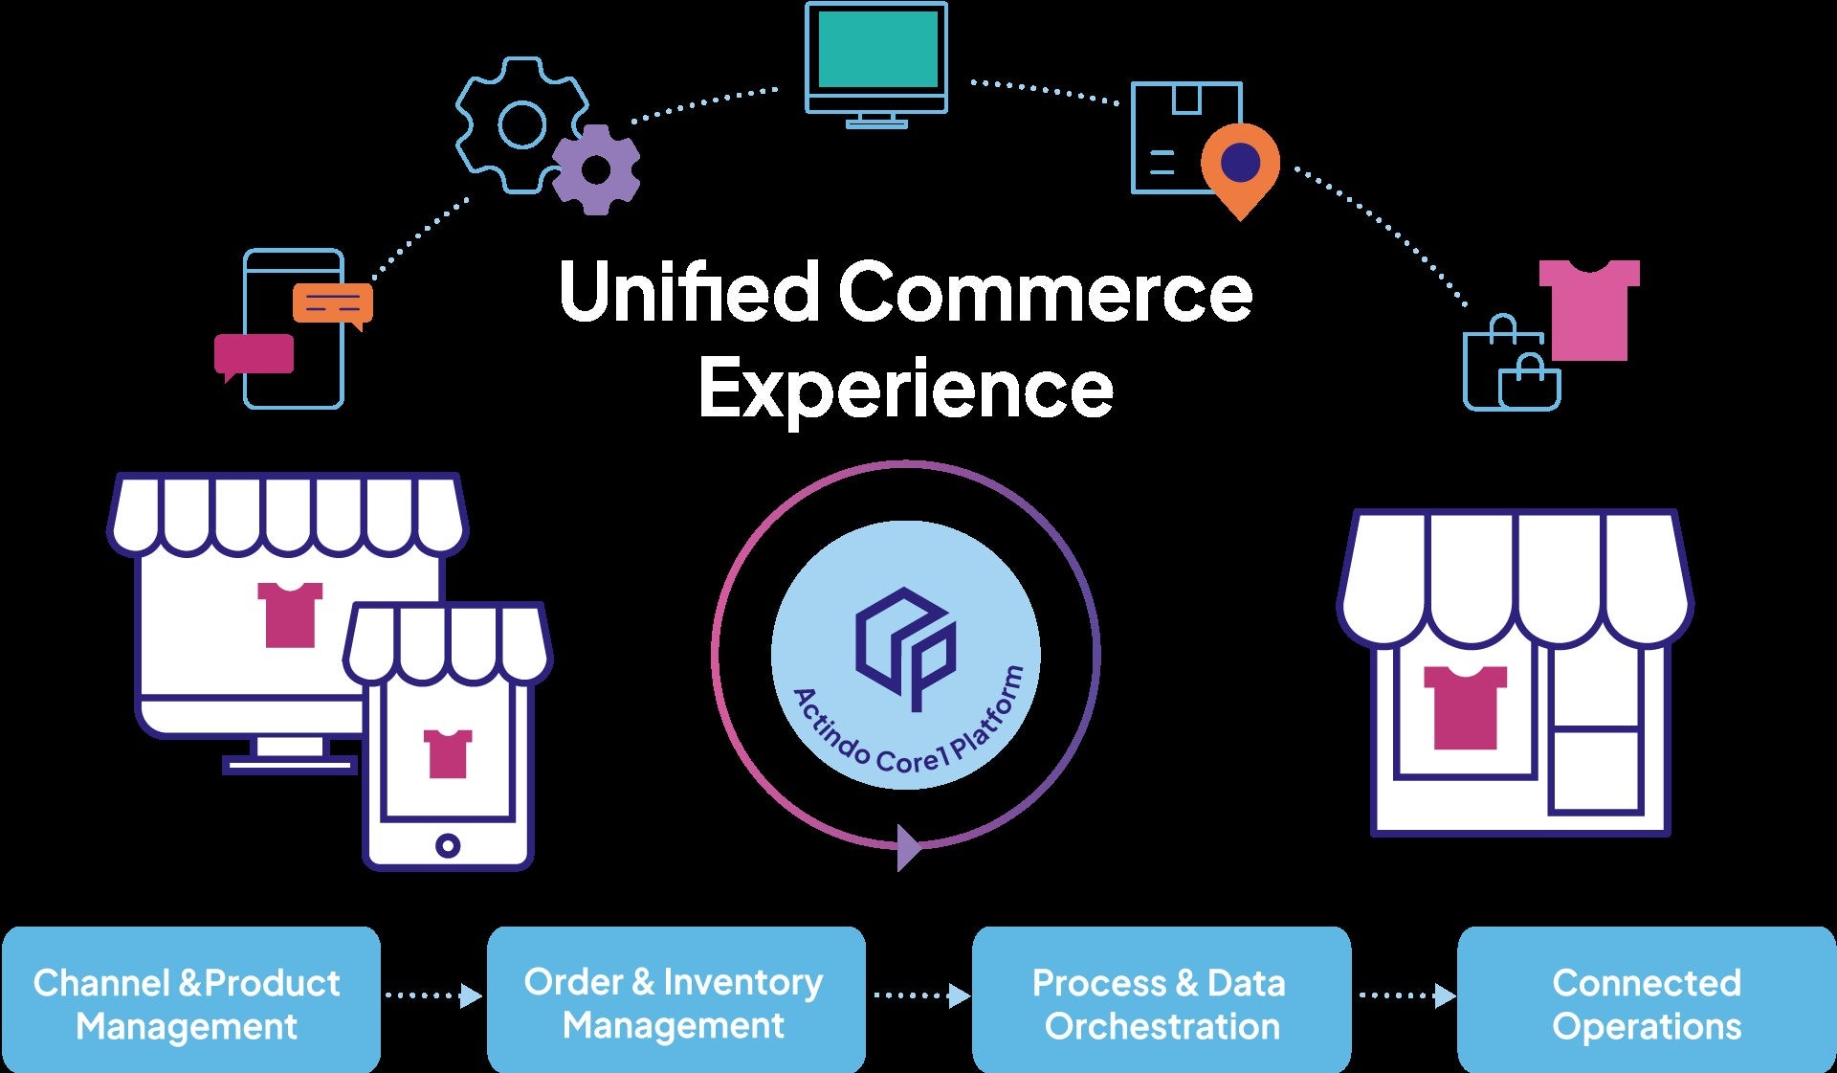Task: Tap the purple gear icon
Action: pos(596,170)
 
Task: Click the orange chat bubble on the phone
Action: pos(332,303)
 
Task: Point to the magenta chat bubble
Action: pos(254,354)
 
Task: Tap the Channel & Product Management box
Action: pos(190,999)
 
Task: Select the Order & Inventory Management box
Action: pos(675,999)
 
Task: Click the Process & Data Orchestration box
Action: pos(1161,999)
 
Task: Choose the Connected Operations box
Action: pos(1646,999)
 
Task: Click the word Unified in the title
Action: pos(688,292)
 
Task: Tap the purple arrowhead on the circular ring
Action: pos(908,847)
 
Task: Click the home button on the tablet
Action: pos(447,845)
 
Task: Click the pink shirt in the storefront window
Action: pos(1464,706)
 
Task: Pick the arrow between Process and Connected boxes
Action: pos(1405,996)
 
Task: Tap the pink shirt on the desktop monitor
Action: pos(290,614)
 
